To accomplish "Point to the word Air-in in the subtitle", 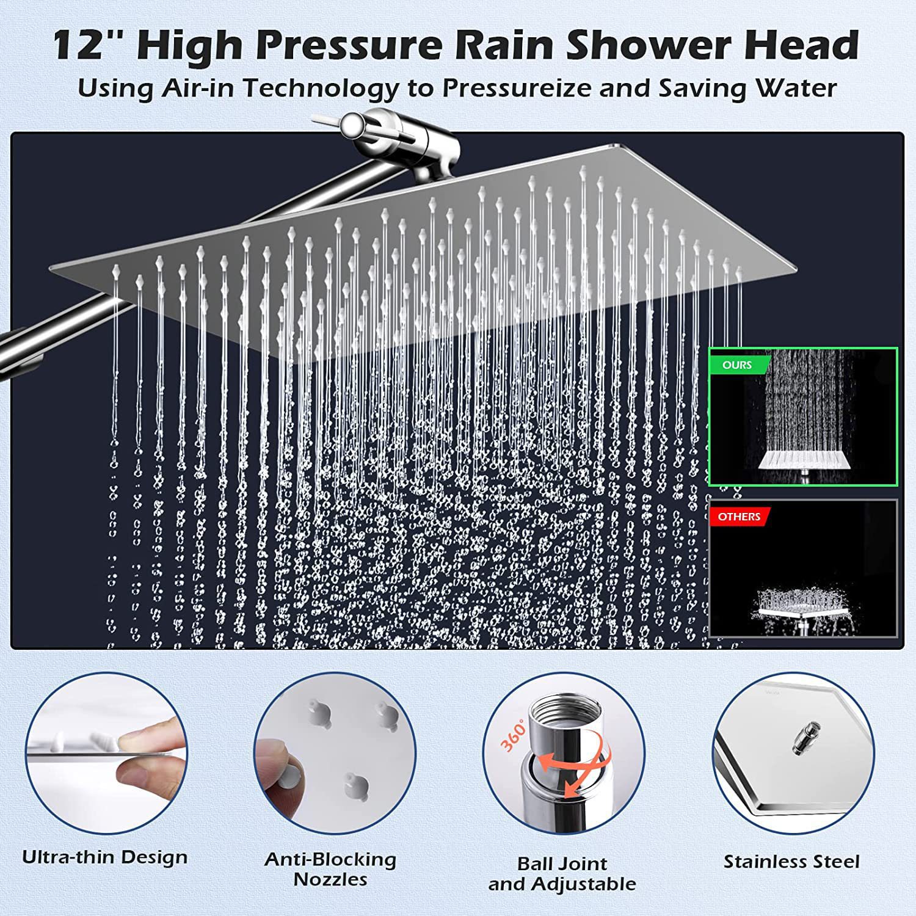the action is (200, 88).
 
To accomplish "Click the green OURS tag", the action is (736, 365).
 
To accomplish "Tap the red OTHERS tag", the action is (738, 517).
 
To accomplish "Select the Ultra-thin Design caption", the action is (105, 857).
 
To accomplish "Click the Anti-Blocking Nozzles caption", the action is (330, 869).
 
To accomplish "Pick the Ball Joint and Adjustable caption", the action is (562, 874).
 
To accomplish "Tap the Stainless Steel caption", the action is (791, 862).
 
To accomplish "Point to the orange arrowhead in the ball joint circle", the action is (572, 790).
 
